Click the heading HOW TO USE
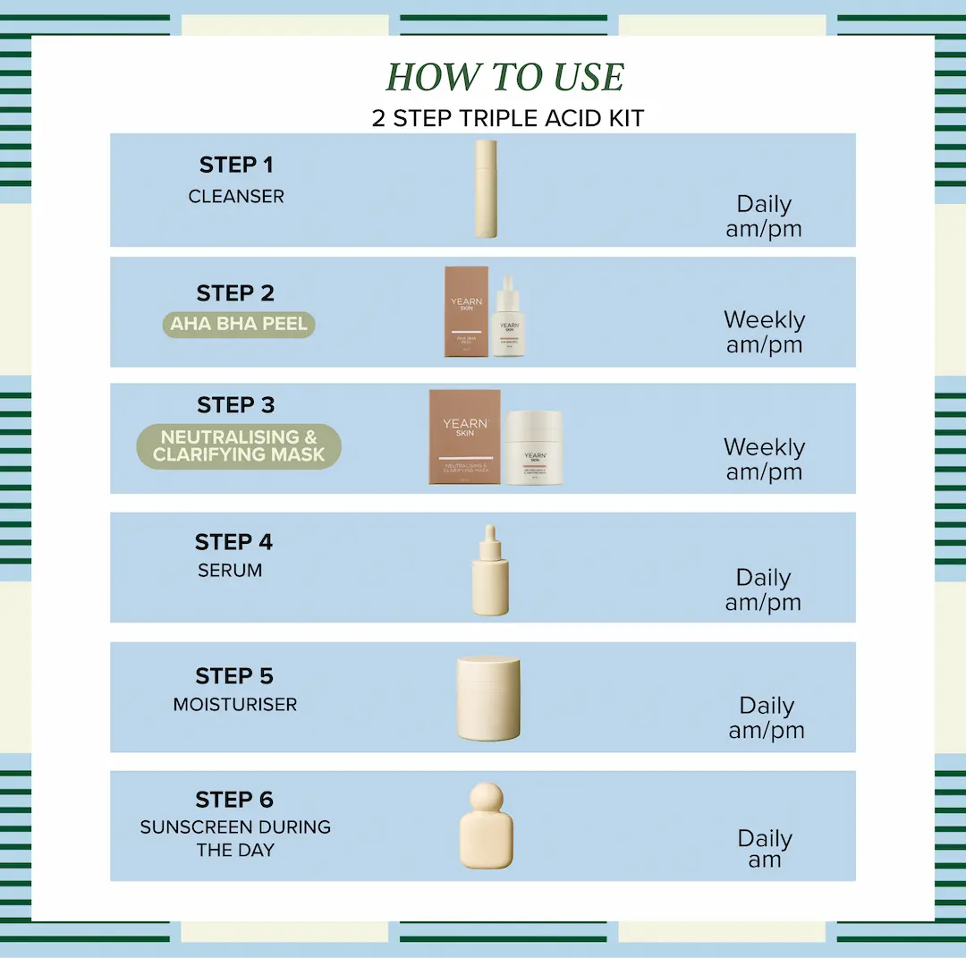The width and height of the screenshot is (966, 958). pos(505,78)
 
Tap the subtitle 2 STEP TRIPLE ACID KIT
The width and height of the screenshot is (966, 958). pos(507,119)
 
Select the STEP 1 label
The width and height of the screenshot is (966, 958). pos(235,165)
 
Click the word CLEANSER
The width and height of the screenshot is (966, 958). pos(236,197)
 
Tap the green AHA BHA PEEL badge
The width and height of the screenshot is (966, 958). pos(239,324)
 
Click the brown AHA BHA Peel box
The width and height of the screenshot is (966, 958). pos(467,311)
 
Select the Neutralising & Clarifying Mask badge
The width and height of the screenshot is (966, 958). pos(239,445)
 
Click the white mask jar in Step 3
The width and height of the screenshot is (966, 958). pos(533,449)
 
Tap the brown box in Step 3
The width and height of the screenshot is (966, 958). pos(465,437)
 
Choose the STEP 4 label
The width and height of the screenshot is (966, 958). pos(233,542)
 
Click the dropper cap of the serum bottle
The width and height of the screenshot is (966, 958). pos(490,539)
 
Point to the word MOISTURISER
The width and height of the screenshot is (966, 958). pos(235,705)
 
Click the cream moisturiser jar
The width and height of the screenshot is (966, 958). pos(488,699)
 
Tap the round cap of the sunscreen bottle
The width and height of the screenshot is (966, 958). pos(487,795)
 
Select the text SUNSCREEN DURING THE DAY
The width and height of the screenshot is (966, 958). pos(235,838)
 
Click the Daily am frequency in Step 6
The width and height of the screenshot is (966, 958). pos(765,849)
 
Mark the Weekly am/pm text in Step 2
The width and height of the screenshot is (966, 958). pos(764,332)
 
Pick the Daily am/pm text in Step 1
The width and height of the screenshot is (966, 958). pos(764,216)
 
